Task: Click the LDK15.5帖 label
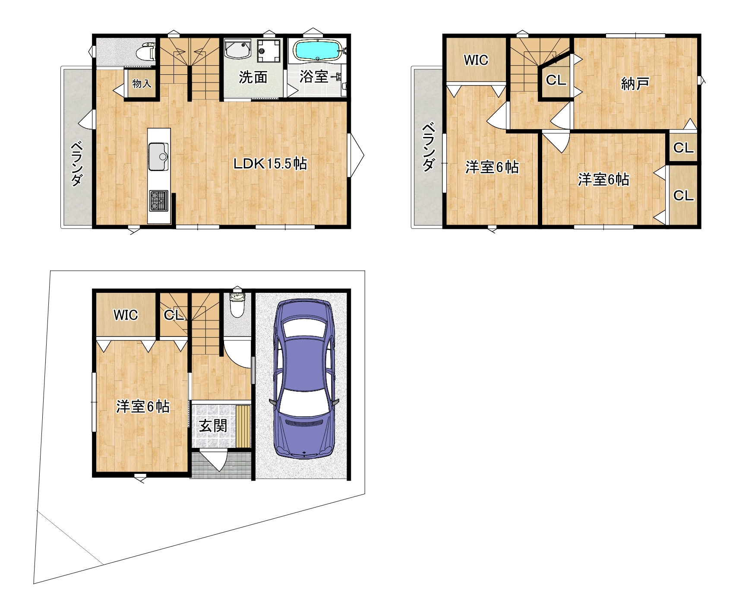270,164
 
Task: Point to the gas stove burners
158,201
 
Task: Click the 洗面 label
253,77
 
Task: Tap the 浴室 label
314,76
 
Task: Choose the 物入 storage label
142,83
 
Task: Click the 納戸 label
635,83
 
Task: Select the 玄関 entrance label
213,426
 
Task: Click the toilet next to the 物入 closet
145,52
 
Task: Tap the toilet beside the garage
237,304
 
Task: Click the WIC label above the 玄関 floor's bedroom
126,315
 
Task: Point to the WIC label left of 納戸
476,60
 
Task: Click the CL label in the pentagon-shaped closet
556,80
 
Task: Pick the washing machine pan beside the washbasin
268,51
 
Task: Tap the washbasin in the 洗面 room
238,49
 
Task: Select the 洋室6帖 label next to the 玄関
143,406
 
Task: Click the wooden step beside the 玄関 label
243,426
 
